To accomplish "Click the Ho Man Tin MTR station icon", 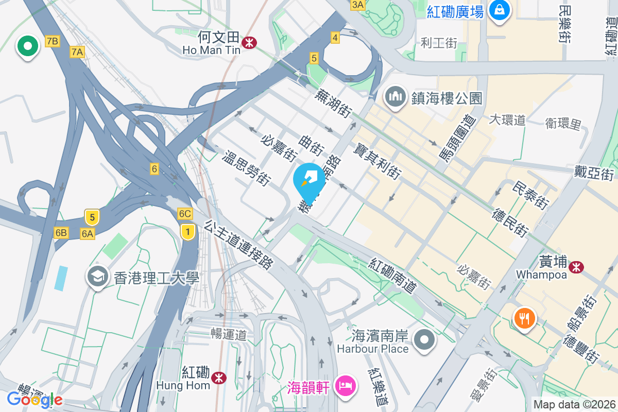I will coord(249,42).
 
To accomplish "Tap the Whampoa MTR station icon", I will coord(576,266).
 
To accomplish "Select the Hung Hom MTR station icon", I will coord(220,378).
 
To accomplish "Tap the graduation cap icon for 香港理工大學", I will coord(97,277).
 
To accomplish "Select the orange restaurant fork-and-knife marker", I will coord(524,318).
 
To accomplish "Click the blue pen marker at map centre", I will coord(309,179).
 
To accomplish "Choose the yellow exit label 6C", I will coord(185,213).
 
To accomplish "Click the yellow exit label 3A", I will coord(357,5).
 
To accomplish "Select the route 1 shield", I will coord(188,232).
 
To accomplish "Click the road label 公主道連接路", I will coord(238,244).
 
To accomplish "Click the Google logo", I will coord(35,399).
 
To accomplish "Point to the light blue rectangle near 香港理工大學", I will coord(61,278).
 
